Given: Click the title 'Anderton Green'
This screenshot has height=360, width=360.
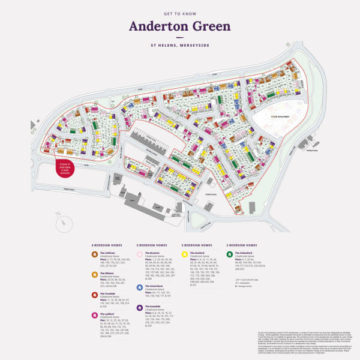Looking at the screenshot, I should [x=179, y=26].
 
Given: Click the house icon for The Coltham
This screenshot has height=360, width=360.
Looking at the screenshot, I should [x=95, y=255].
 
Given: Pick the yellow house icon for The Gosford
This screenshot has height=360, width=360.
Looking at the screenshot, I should [x=185, y=255].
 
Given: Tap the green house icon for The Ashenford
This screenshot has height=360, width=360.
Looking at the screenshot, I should [x=230, y=255].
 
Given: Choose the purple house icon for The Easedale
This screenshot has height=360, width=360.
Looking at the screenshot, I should [x=140, y=308].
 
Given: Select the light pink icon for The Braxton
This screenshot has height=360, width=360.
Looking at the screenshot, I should [x=140, y=255].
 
